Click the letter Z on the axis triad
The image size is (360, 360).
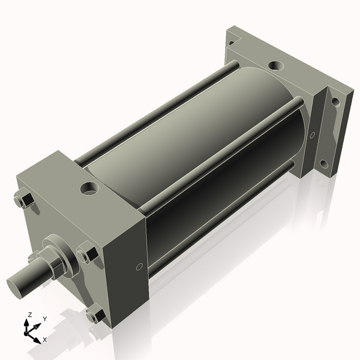tap(29, 315)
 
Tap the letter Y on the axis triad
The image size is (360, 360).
tap(45, 319)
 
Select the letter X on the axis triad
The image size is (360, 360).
tap(45, 340)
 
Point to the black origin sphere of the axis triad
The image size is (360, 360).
tap(26, 333)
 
